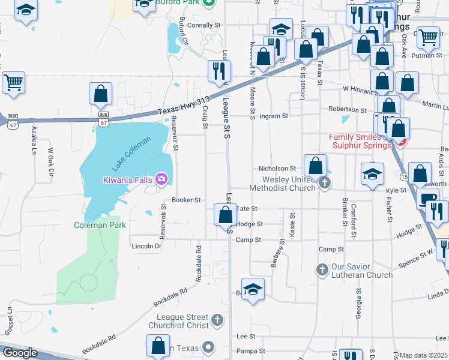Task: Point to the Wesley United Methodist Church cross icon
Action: [x=324, y=183]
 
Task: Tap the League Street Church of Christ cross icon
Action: [x=217, y=321]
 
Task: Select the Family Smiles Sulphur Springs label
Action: [x=360, y=141]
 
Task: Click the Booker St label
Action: [x=185, y=200]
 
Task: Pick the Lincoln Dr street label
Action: [x=146, y=246]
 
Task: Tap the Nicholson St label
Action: [x=277, y=169]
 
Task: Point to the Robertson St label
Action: [x=348, y=110]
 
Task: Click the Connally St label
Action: [x=205, y=25]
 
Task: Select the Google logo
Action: [x=20, y=353]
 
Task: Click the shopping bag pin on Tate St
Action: [x=225, y=215]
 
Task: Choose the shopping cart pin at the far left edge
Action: [x=13, y=82]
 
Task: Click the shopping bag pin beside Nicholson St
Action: [x=315, y=166]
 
